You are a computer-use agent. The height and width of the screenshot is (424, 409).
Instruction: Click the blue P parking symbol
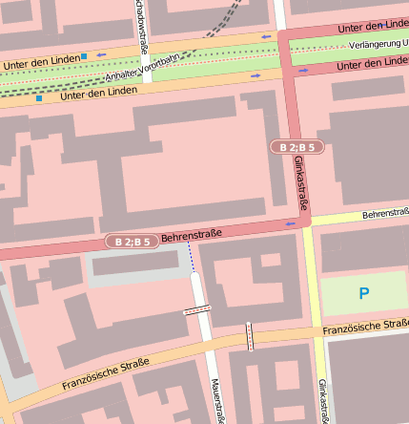coord(363,293)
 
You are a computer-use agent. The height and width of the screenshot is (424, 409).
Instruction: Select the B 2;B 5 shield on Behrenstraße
coord(131,242)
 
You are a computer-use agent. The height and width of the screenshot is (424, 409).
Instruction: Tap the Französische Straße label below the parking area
coord(365,328)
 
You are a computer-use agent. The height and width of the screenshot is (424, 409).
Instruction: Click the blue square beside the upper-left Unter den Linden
coord(84,56)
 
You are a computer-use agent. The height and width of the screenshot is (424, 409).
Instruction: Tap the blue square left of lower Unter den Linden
coord(39,97)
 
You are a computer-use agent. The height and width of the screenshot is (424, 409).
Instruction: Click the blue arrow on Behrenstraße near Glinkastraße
coord(290,224)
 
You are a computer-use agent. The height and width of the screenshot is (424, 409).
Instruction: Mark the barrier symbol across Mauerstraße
coord(196,309)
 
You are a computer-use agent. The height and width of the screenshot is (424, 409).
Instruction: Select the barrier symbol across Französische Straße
coord(250,336)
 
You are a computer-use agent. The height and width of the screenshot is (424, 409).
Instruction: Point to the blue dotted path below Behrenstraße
coord(191,258)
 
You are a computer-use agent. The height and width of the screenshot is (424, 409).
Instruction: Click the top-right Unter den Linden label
coord(373,24)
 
